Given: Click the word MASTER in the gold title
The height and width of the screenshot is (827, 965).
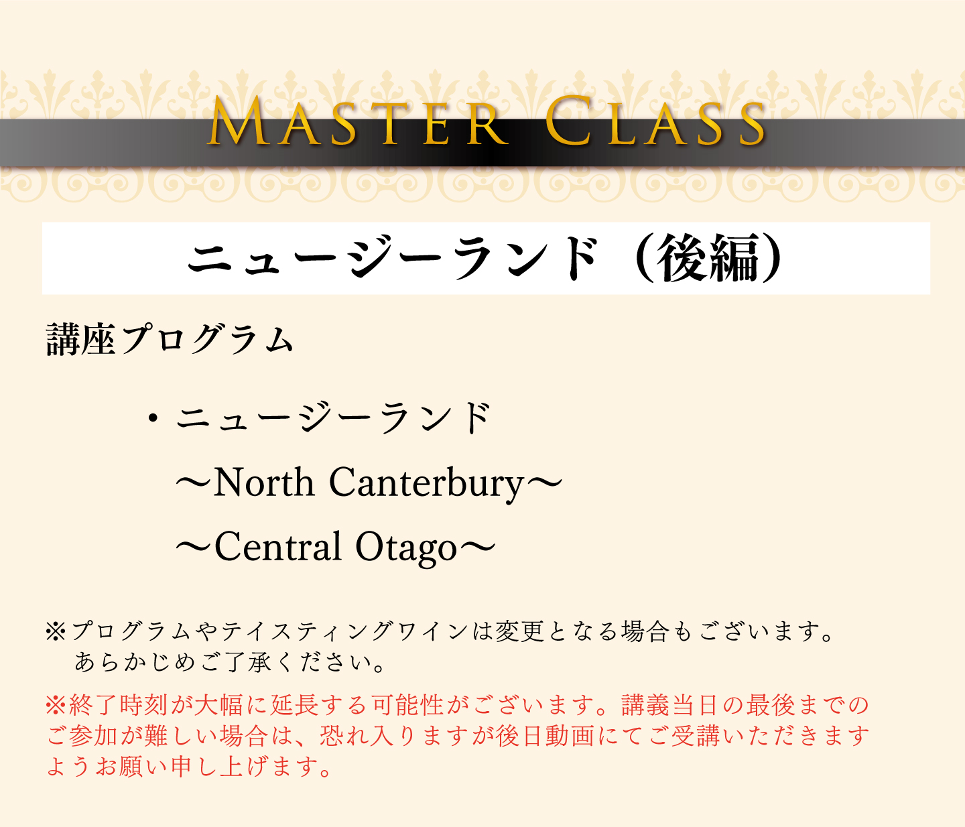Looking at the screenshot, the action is pyautogui.click(x=358, y=121).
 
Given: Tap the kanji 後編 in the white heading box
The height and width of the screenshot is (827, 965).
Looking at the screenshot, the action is pyautogui.click(x=708, y=258).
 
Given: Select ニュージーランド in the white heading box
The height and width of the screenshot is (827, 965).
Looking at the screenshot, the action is pyautogui.click(x=393, y=258).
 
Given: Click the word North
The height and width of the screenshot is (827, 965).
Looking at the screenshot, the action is pyautogui.click(x=264, y=483).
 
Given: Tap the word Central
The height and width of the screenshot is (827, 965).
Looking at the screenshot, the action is pyautogui.click(x=278, y=547).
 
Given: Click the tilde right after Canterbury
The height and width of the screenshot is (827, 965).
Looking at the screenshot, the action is pyautogui.click(x=544, y=484).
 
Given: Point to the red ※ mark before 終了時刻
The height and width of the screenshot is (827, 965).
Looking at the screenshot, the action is pyautogui.click(x=56, y=705).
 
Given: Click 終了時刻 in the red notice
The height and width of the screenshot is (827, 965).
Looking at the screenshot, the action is pyautogui.click(x=119, y=705).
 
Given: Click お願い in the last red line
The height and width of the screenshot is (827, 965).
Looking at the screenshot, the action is pyautogui.click(x=131, y=767).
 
